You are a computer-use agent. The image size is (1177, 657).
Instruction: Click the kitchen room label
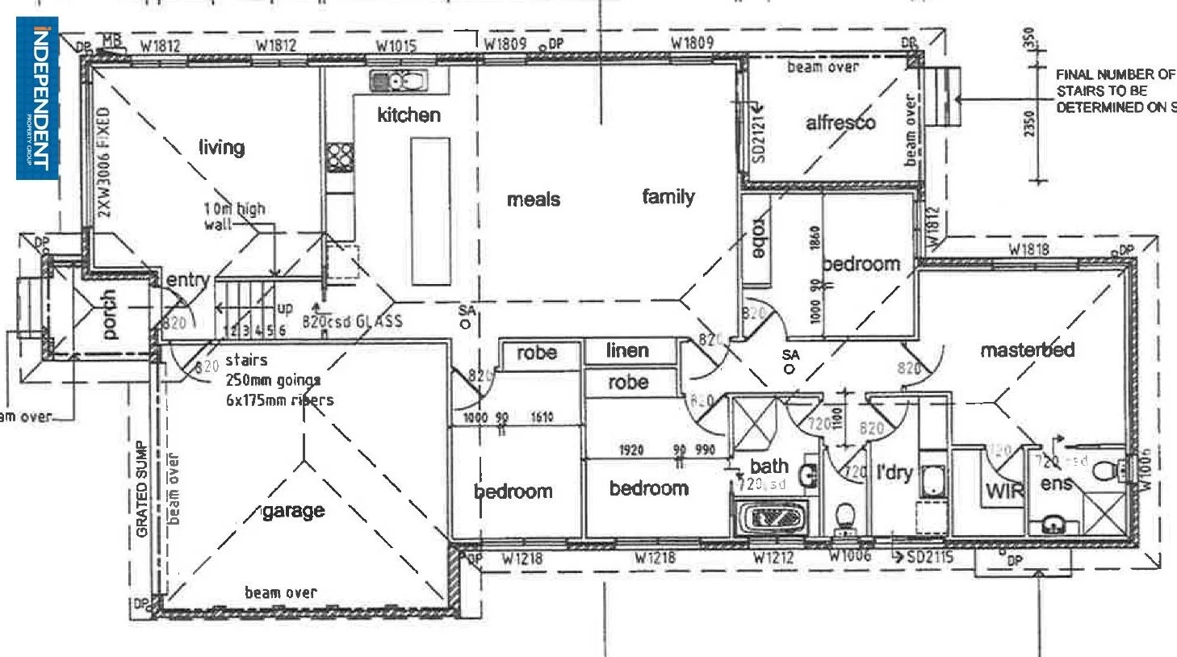click(408, 115)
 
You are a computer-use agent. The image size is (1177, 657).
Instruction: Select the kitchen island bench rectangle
click(430, 211)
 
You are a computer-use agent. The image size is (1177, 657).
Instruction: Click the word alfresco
click(840, 123)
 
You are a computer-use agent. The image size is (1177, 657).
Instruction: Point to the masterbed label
click(1027, 350)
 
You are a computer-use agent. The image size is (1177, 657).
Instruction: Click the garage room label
click(293, 511)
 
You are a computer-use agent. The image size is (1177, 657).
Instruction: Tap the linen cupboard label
click(627, 350)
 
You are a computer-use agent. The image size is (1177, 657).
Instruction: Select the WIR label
click(1004, 491)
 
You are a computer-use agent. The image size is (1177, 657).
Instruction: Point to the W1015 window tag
click(396, 45)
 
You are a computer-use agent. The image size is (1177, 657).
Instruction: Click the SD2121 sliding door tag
click(758, 134)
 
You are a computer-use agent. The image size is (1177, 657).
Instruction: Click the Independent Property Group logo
click(37, 98)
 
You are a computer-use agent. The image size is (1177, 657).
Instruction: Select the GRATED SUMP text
click(142, 489)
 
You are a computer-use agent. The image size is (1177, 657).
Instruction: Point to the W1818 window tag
click(1029, 249)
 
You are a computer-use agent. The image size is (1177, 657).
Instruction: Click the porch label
click(109, 314)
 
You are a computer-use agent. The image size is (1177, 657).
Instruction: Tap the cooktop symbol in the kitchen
click(340, 154)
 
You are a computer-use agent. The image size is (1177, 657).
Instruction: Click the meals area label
click(533, 199)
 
